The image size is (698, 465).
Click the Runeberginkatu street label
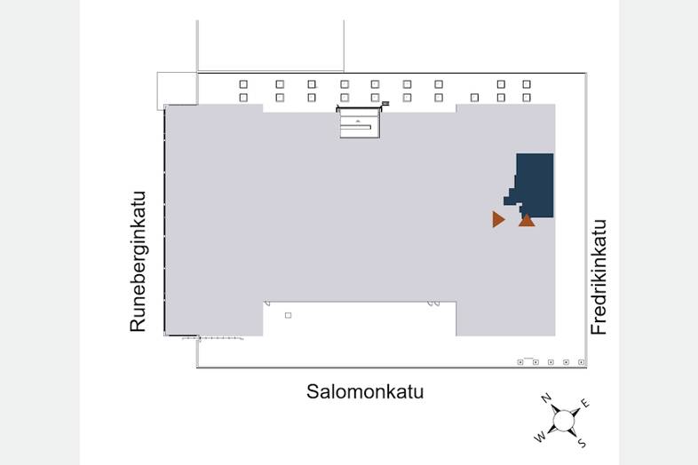(138, 262)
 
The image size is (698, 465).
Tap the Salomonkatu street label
(365, 391)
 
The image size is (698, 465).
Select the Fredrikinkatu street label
(599, 277)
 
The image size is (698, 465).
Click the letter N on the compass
(546, 398)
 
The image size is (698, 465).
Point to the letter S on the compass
(582, 443)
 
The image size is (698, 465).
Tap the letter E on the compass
(585, 403)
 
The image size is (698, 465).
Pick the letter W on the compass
(540, 437)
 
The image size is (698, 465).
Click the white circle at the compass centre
(563, 421)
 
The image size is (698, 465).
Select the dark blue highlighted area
(532, 185)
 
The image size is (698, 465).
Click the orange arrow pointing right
(498, 219)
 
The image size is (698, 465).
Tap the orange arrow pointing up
(527, 220)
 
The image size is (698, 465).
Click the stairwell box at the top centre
(360, 122)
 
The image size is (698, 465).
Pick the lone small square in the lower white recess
(288, 316)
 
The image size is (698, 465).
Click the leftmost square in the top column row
(243, 84)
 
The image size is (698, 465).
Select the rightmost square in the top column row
(527, 84)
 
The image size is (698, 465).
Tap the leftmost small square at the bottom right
(520, 362)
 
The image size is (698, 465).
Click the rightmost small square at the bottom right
(581, 362)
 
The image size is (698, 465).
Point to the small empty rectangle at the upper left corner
(178, 91)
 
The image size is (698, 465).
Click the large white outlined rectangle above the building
(271, 45)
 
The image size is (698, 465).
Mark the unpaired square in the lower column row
(474, 98)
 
